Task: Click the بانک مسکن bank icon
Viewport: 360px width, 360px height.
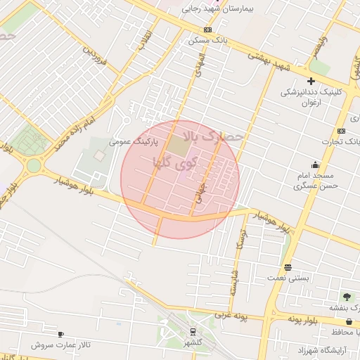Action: [x=207, y=30]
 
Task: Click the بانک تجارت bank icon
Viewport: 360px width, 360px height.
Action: [x=341, y=131]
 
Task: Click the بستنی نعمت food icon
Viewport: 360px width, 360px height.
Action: [x=288, y=267]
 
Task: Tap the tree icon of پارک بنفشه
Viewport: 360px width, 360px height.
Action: [x=345, y=297]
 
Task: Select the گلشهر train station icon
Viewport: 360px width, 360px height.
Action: [x=193, y=333]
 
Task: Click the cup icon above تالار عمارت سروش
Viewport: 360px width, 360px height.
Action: [x=60, y=335]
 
